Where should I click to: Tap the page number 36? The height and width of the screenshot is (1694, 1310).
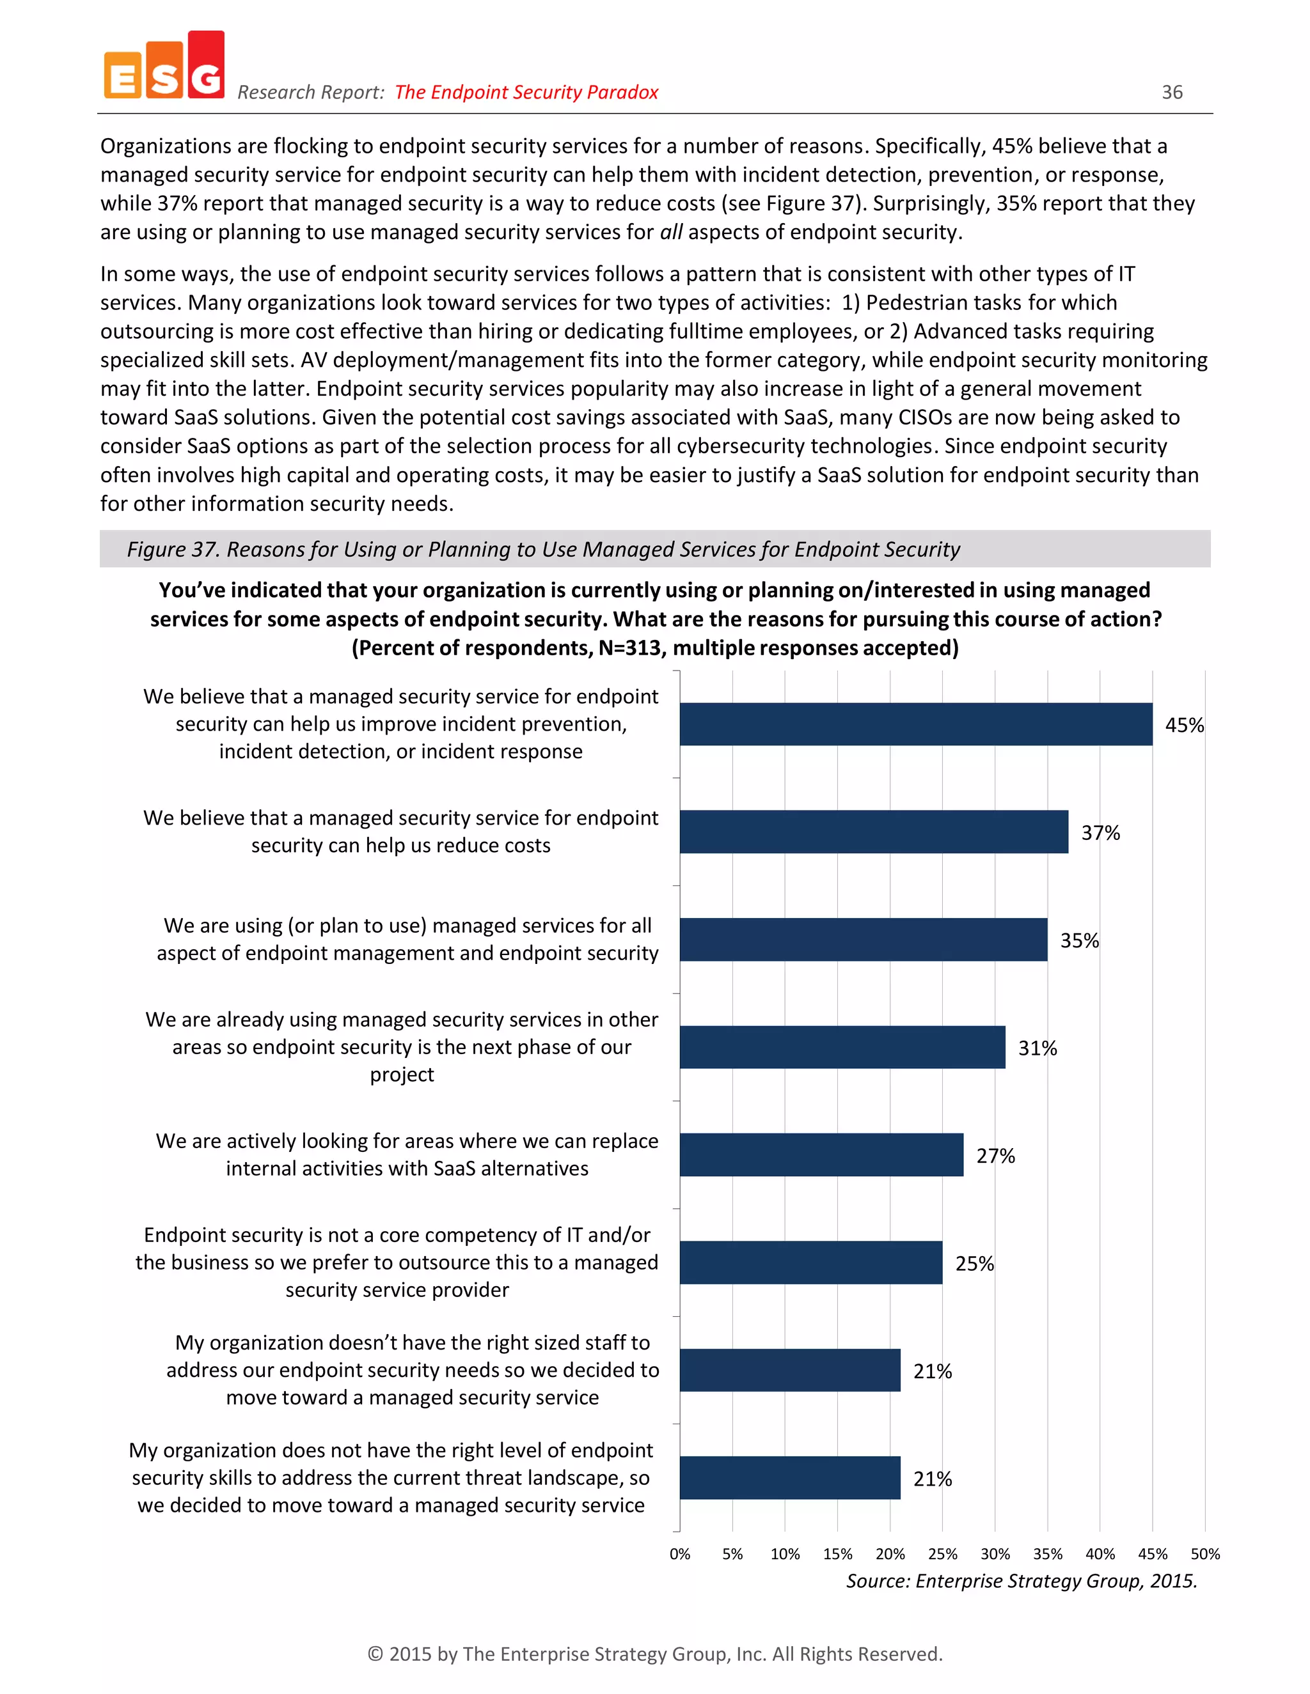click(x=1172, y=92)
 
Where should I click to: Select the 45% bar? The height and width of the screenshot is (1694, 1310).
click(x=916, y=724)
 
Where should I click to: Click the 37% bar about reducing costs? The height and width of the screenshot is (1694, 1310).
click(x=874, y=832)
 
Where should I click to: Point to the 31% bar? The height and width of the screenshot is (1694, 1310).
click(x=842, y=1047)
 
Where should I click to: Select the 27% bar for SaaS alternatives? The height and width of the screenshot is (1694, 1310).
click(x=821, y=1155)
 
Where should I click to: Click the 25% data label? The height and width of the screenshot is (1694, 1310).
click(x=974, y=1264)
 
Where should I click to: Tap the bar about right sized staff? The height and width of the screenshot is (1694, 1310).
click(x=790, y=1371)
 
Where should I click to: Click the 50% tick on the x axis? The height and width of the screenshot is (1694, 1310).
click(x=1204, y=1555)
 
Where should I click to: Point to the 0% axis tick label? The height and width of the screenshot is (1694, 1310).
click(x=680, y=1555)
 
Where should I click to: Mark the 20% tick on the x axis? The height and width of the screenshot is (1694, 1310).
click(x=890, y=1555)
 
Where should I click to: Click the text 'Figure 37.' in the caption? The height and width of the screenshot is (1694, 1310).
click(x=172, y=549)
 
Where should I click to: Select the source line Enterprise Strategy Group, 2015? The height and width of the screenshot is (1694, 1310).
click(x=1022, y=1581)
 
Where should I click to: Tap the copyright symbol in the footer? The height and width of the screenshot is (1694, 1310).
click(x=375, y=1654)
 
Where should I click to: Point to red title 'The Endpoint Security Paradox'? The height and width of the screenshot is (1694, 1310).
click(x=526, y=92)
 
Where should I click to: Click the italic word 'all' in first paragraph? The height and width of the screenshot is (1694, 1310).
click(x=671, y=232)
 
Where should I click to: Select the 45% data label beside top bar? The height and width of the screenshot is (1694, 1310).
click(x=1184, y=726)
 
